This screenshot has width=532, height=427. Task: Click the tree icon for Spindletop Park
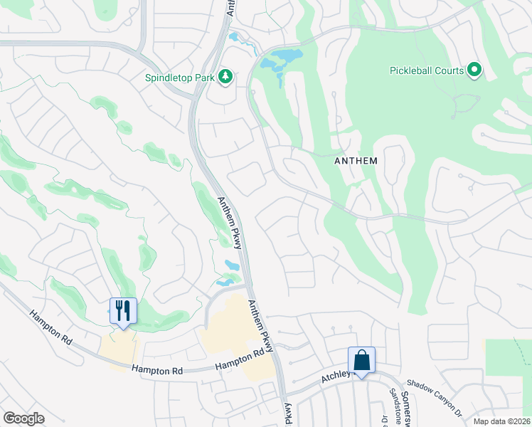(x=226, y=76)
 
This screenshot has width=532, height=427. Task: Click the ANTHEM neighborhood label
(x=356, y=162)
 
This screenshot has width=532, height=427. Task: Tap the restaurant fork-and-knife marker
(x=123, y=311)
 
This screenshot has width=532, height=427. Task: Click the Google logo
(x=23, y=418)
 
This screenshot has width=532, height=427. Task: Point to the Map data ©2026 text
(x=502, y=421)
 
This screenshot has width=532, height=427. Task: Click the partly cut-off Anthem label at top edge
(x=231, y=7)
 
